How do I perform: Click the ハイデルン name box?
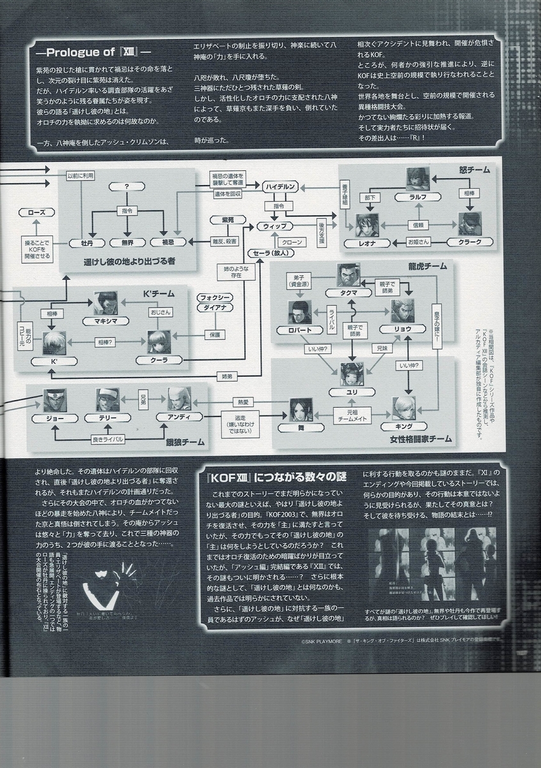(x=282, y=186)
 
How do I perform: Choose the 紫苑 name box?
(x=228, y=220)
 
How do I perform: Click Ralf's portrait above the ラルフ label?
(x=418, y=179)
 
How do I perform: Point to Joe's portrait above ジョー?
(x=55, y=399)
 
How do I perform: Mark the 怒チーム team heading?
(x=474, y=170)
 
